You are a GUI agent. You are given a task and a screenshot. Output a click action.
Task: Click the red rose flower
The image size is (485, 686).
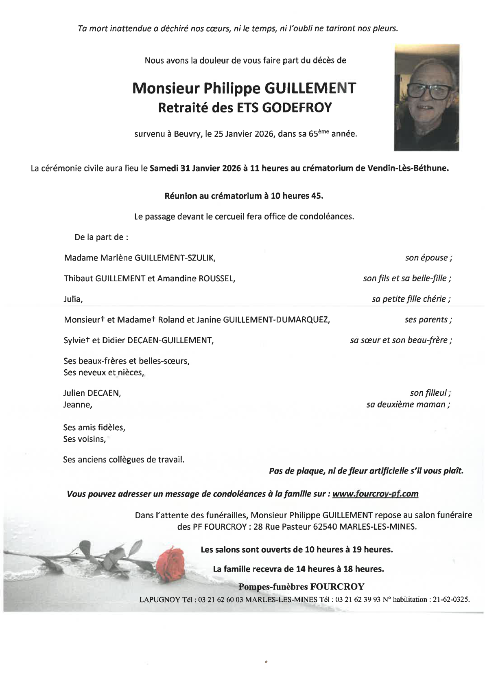click(170, 558)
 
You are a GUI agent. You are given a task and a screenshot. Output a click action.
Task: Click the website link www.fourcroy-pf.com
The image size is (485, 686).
click(375, 494)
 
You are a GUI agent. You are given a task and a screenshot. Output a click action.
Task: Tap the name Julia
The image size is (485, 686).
click(73, 299)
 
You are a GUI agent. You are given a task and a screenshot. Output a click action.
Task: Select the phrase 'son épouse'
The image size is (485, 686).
click(428, 258)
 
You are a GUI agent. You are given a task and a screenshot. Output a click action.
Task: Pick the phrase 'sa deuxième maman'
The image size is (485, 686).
click(408, 405)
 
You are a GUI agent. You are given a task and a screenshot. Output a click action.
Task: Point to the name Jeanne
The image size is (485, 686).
click(77, 405)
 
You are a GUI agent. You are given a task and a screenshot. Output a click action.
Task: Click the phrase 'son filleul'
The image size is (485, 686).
click(430, 393)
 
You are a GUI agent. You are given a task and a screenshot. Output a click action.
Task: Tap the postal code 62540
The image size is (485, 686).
click(325, 526)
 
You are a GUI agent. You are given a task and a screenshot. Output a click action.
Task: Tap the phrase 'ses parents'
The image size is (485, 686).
click(428, 320)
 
